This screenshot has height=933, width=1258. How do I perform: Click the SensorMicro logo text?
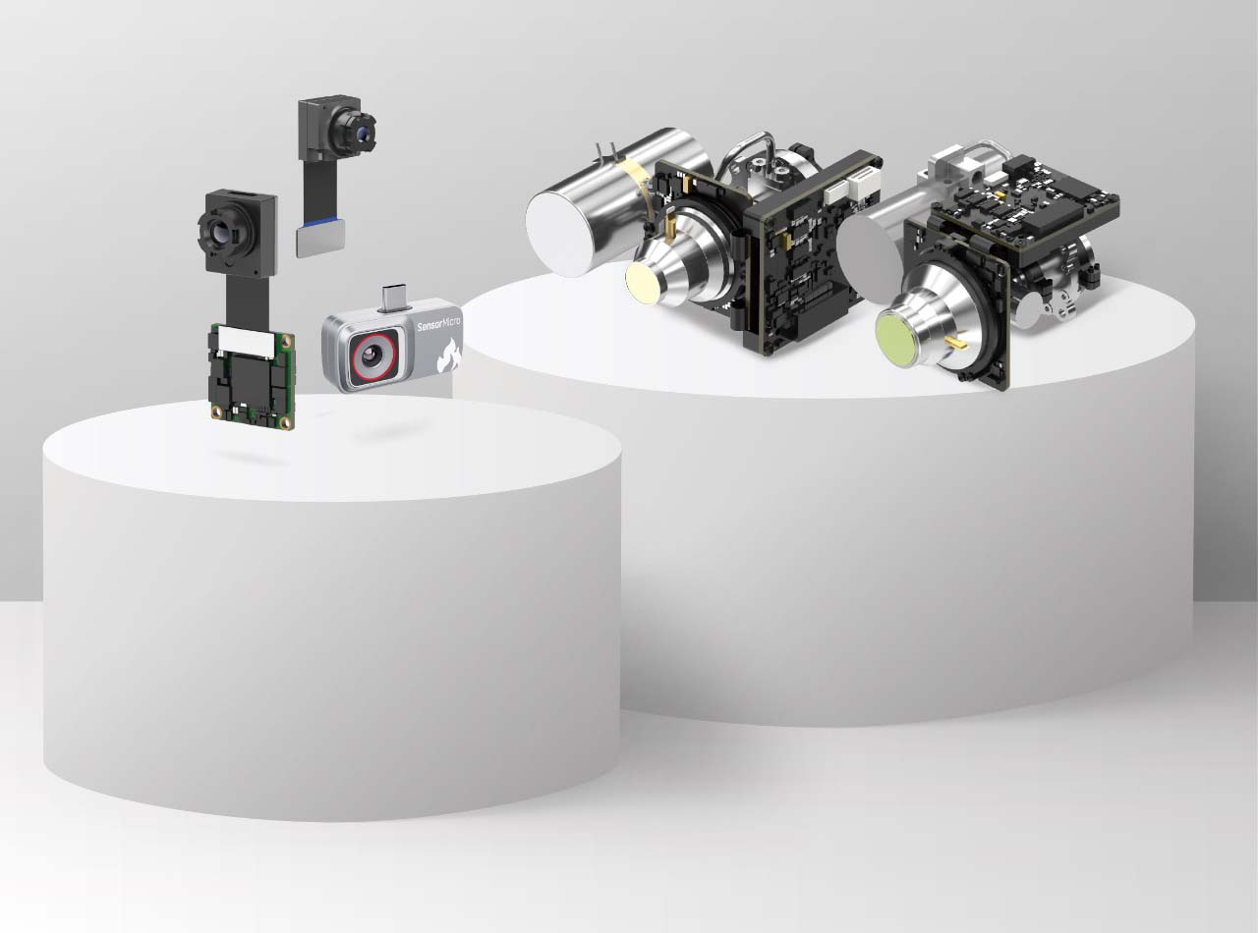[438, 325]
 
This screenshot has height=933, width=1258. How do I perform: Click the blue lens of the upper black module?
[362, 135]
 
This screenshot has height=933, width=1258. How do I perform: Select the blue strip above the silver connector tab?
[321, 226]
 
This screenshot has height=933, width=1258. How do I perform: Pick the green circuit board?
[252, 378]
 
